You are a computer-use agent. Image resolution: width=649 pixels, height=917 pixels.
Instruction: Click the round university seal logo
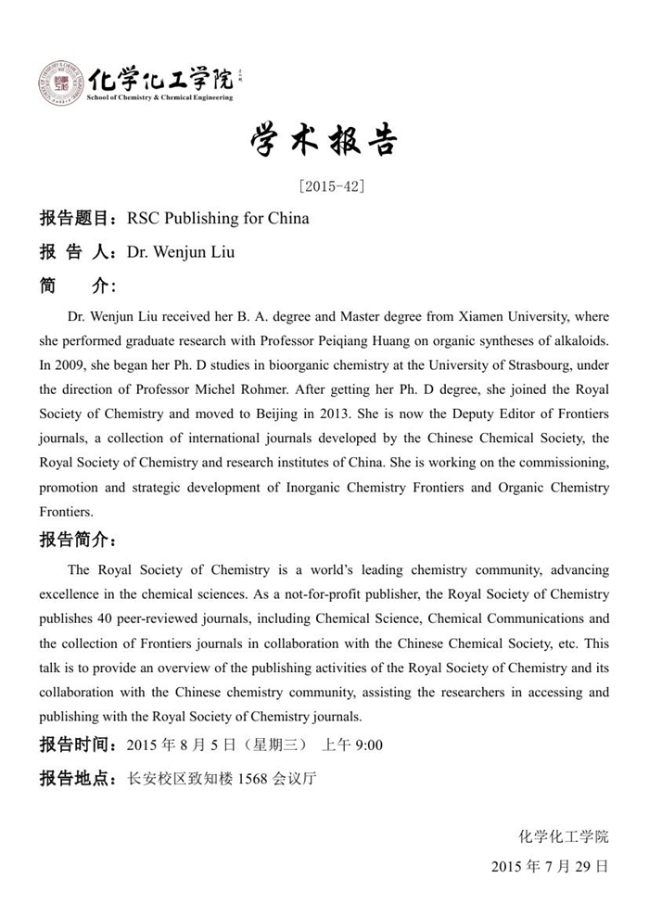point(59,83)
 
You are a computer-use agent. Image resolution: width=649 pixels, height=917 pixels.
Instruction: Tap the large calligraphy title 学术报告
point(324,140)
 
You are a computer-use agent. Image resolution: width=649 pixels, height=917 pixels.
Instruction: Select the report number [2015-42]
point(332,185)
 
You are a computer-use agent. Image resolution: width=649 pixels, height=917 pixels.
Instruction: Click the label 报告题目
point(73,219)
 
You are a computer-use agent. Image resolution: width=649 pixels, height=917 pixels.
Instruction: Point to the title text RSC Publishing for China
point(218,219)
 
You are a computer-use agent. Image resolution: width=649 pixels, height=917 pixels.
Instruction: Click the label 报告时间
point(73,745)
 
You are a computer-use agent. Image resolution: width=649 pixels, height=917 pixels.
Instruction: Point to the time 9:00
point(367,745)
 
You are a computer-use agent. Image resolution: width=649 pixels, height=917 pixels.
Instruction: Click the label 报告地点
point(73,779)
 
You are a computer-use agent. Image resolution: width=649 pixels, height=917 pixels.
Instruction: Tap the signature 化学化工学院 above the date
point(564,837)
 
